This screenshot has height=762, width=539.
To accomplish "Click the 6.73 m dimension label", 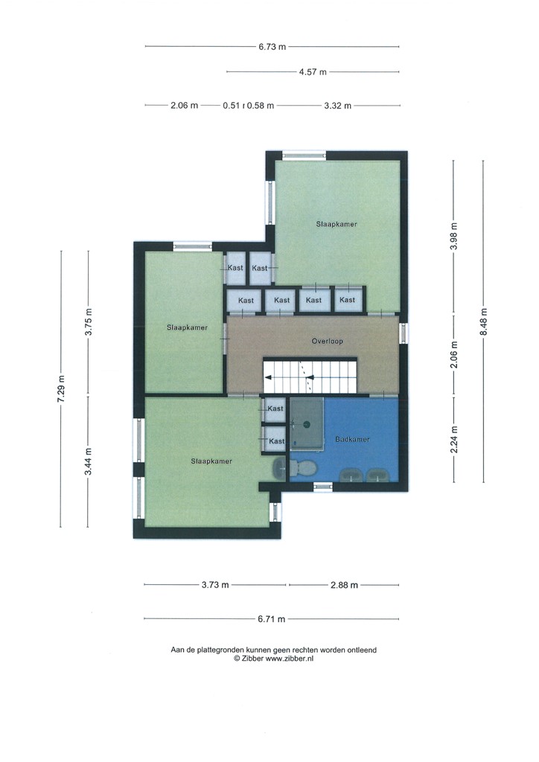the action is tap(272, 47).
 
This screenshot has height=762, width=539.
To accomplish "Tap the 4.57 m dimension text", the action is tap(313, 72).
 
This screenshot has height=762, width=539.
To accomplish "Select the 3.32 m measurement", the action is tap(337, 106).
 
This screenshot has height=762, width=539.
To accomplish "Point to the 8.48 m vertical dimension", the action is tap(484, 321).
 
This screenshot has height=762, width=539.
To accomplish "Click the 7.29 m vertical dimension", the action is tap(61, 388).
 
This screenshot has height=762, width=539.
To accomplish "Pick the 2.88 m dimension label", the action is tap(344, 585).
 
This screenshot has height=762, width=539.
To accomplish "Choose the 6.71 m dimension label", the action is tap(272, 619).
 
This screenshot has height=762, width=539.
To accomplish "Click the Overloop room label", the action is tap(327, 341).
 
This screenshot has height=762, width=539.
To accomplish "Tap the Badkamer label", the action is tap(352, 439).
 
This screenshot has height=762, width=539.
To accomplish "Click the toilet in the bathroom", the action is tap(303, 469).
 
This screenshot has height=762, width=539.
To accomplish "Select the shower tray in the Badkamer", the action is tap(307, 423).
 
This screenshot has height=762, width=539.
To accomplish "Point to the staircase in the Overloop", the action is tap(310, 376).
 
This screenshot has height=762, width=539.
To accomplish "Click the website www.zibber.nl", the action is tap(289, 659).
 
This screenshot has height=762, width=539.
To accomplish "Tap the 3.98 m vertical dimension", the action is tap(454, 236).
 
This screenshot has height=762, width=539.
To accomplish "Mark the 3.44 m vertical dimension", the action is tap(88, 461).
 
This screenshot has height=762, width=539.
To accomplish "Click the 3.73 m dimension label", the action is tap(215, 585).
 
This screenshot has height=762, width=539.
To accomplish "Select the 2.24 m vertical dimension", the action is tap(454, 439).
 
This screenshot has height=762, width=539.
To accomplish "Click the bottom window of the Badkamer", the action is tap(322, 487).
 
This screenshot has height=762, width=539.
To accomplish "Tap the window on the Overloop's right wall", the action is tap(404, 333).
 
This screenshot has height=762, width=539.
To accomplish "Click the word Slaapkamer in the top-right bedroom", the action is tap(337, 224).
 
